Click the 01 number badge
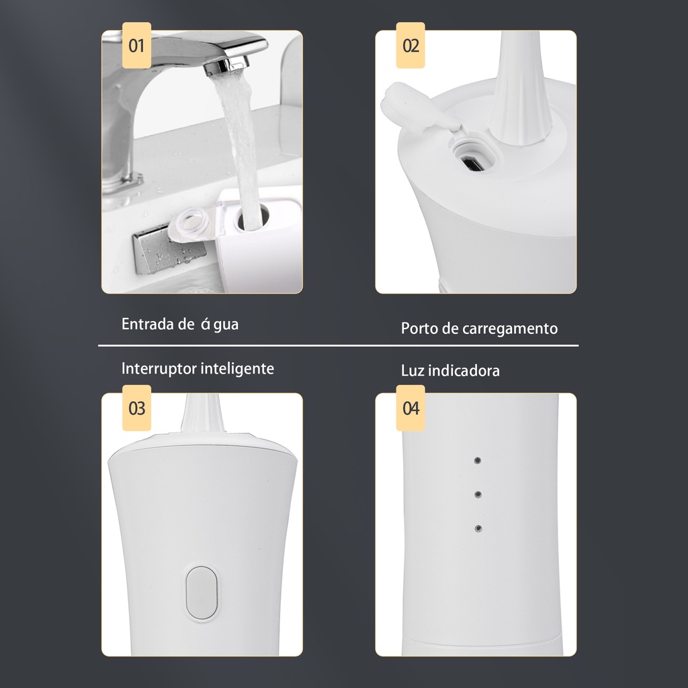coord(136,45)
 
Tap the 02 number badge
coord(411,45)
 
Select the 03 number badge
coord(136,408)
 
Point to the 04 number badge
coord(411,408)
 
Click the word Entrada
coord(147,325)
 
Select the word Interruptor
coord(159,369)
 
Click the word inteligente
coord(237,369)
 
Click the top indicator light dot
coord(478,461)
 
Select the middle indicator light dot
coord(478,494)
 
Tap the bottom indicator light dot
coord(478,529)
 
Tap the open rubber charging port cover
coord(416,108)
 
